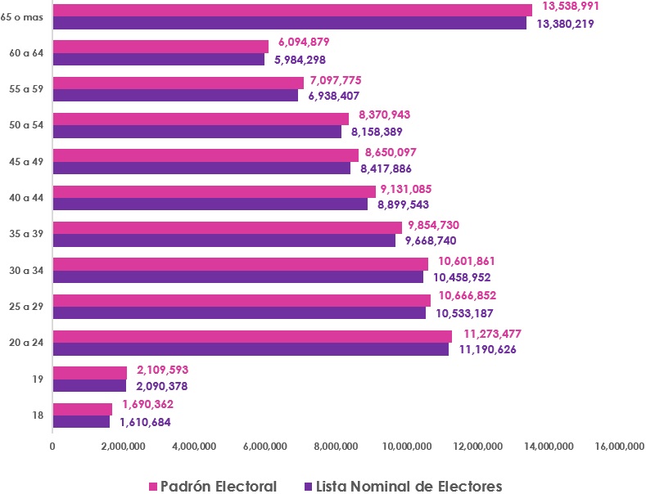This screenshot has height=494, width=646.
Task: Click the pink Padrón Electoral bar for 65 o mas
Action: [x=292, y=10]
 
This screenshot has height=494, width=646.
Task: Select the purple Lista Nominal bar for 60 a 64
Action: [x=159, y=60]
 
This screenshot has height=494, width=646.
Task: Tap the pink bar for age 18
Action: [x=83, y=409]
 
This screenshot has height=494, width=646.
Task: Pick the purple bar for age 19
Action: [x=89, y=386]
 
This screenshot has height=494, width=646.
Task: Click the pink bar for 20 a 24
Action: [x=252, y=336]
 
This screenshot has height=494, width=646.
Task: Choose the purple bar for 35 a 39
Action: [x=224, y=240]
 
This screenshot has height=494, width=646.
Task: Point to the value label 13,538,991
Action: [x=565, y=6]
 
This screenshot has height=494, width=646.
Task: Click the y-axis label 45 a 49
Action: [x=27, y=161]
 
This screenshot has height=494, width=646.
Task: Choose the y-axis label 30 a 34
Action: [x=27, y=270]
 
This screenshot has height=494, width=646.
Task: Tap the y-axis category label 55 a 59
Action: [x=27, y=88]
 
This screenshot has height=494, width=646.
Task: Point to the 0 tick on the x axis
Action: [x=52, y=446]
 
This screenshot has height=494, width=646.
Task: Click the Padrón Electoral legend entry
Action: [x=211, y=486]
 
